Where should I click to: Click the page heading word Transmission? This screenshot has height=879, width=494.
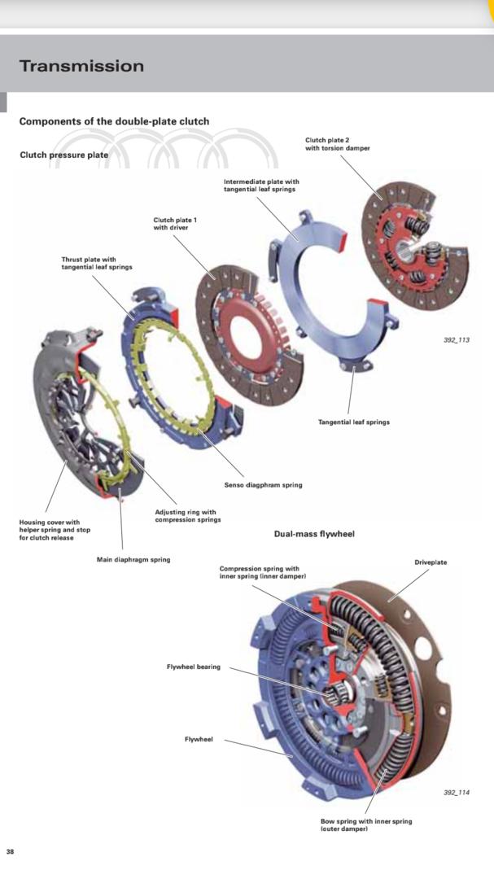point(81,66)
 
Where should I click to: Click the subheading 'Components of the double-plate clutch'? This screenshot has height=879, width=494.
point(114,121)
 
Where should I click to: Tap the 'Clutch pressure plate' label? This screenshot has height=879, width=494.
point(63,155)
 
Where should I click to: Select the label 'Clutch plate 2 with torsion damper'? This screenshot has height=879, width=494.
point(337,144)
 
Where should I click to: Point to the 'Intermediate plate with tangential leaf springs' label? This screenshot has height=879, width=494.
point(261,186)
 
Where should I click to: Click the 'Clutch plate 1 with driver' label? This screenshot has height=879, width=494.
point(175,223)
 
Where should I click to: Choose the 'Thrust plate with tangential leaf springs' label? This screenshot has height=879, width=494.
point(96,264)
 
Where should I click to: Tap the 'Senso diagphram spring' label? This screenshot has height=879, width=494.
point(263,484)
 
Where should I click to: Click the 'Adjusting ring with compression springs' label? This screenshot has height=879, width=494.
point(187,516)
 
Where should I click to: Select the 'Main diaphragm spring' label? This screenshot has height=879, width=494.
point(133,559)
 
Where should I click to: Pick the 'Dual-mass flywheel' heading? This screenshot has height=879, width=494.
point(314,534)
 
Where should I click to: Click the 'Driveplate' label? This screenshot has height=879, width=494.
point(431,562)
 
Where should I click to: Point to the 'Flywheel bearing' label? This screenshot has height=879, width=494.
point(193,667)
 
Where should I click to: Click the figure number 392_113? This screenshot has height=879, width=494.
point(457,339)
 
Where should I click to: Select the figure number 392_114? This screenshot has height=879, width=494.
point(457,792)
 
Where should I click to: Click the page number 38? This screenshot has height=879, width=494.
point(11,851)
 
